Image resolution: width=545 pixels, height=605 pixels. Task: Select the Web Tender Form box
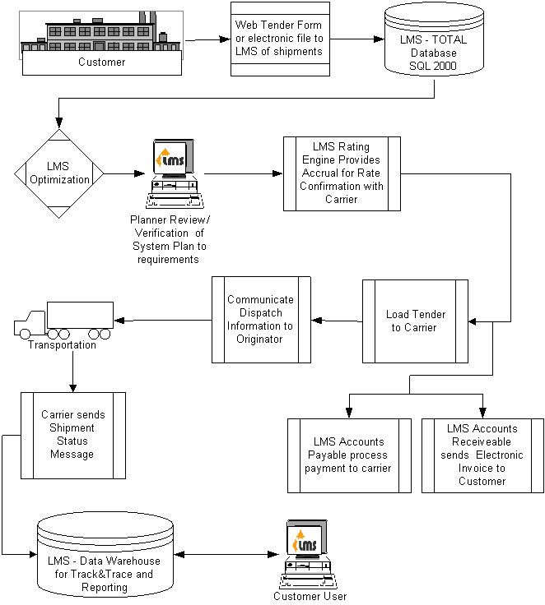coord(278,39)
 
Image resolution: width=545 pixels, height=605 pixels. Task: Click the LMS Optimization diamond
coord(59,173)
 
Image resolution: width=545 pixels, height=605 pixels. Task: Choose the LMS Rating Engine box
coord(342,173)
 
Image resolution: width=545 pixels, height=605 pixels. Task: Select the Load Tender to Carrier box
coord(415,321)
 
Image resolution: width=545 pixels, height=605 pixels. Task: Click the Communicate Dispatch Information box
coord(261,320)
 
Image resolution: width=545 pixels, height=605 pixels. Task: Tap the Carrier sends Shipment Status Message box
coord(72,435)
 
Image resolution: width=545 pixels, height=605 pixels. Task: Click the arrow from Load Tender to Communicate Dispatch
coord(337,320)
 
